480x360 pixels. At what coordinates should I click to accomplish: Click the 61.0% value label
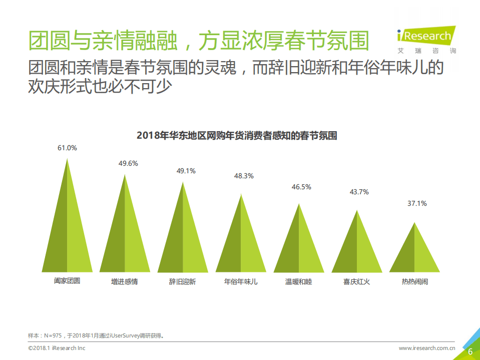click(67, 148)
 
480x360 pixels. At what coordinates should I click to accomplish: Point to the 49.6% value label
click(125, 163)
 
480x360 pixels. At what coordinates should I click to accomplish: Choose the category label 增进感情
click(125, 282)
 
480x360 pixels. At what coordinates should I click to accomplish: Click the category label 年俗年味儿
click(241, 282)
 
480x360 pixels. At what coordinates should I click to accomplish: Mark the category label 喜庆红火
click(356, 282)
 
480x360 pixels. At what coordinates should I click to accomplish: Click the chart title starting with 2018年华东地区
click(236, 135)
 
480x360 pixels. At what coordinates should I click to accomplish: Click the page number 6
click(470, 351)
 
